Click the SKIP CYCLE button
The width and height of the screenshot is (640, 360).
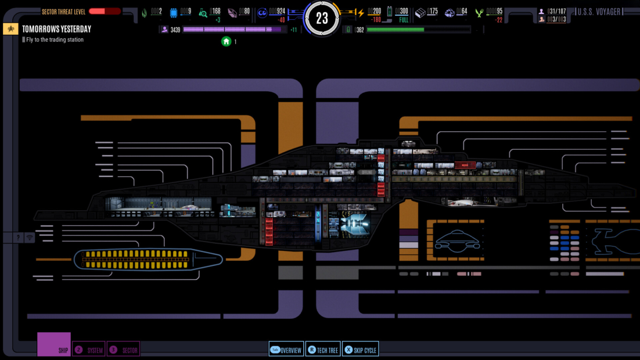[x=361, y=350]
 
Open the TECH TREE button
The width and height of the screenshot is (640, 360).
[x=323, y=350]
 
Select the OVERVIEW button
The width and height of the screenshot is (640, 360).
[x=286, y=350]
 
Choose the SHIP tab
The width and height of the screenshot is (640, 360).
[x=54, y=345]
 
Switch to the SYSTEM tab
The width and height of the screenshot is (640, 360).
[x=89, y=350]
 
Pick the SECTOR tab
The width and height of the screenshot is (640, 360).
[x=123, y=350]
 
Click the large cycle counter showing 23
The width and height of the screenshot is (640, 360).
[x=322, y=17]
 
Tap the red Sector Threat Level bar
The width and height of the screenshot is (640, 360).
[x=105, y=11]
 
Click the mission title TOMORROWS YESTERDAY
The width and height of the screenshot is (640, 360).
[x=56, y=29]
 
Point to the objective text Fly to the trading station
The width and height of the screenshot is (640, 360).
[x=55, y=40]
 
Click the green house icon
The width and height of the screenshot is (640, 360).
[x=226, y=41]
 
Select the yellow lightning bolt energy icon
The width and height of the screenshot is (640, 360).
[x=360, y=13]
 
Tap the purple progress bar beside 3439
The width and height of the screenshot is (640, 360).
[x=235, y=30]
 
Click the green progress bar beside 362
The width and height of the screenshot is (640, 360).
[x=418, y=30]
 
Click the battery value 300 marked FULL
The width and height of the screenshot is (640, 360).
[x=403, y=12]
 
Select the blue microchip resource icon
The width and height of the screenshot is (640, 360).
[x=173, y=13]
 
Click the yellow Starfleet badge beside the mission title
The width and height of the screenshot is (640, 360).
[x=10, y=29]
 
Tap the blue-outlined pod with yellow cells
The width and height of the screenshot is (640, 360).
[x=148, y=260]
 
